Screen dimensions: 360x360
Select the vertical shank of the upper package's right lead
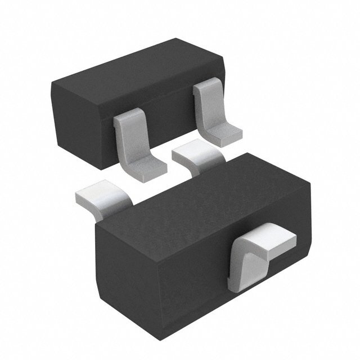204,104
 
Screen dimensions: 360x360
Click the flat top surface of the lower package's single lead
270,236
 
